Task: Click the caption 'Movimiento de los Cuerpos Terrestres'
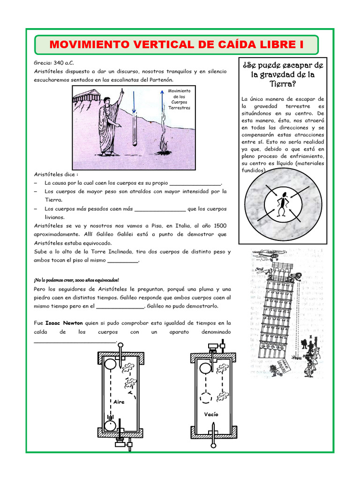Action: (x=180, y=98)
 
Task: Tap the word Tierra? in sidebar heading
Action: (x=283, y=84)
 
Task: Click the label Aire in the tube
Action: (x=119, y=402)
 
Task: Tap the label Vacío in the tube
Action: (x=211, y=414)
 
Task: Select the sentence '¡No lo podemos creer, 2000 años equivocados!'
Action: (x=76, y=280)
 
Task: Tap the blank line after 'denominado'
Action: (x=75, y=342)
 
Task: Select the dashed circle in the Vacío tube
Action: (x=206, y=397)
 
